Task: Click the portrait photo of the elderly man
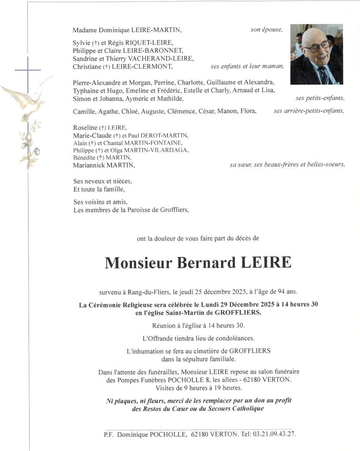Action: pos(316,54)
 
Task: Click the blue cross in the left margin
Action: pos(28,70)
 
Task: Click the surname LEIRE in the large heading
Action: pos(267,262)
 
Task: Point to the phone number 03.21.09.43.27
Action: pos(274,434)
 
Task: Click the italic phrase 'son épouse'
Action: pos(266,30)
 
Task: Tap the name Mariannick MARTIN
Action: pos(104,165)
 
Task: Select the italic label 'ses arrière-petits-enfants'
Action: pos(308,111)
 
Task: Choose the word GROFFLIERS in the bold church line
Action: pos(239,313)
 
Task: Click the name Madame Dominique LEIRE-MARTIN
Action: pos(127,30)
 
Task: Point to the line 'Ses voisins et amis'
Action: pos(100,202)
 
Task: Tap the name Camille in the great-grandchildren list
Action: pos(83,111)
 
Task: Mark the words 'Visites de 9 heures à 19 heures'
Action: pos(198,388)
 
